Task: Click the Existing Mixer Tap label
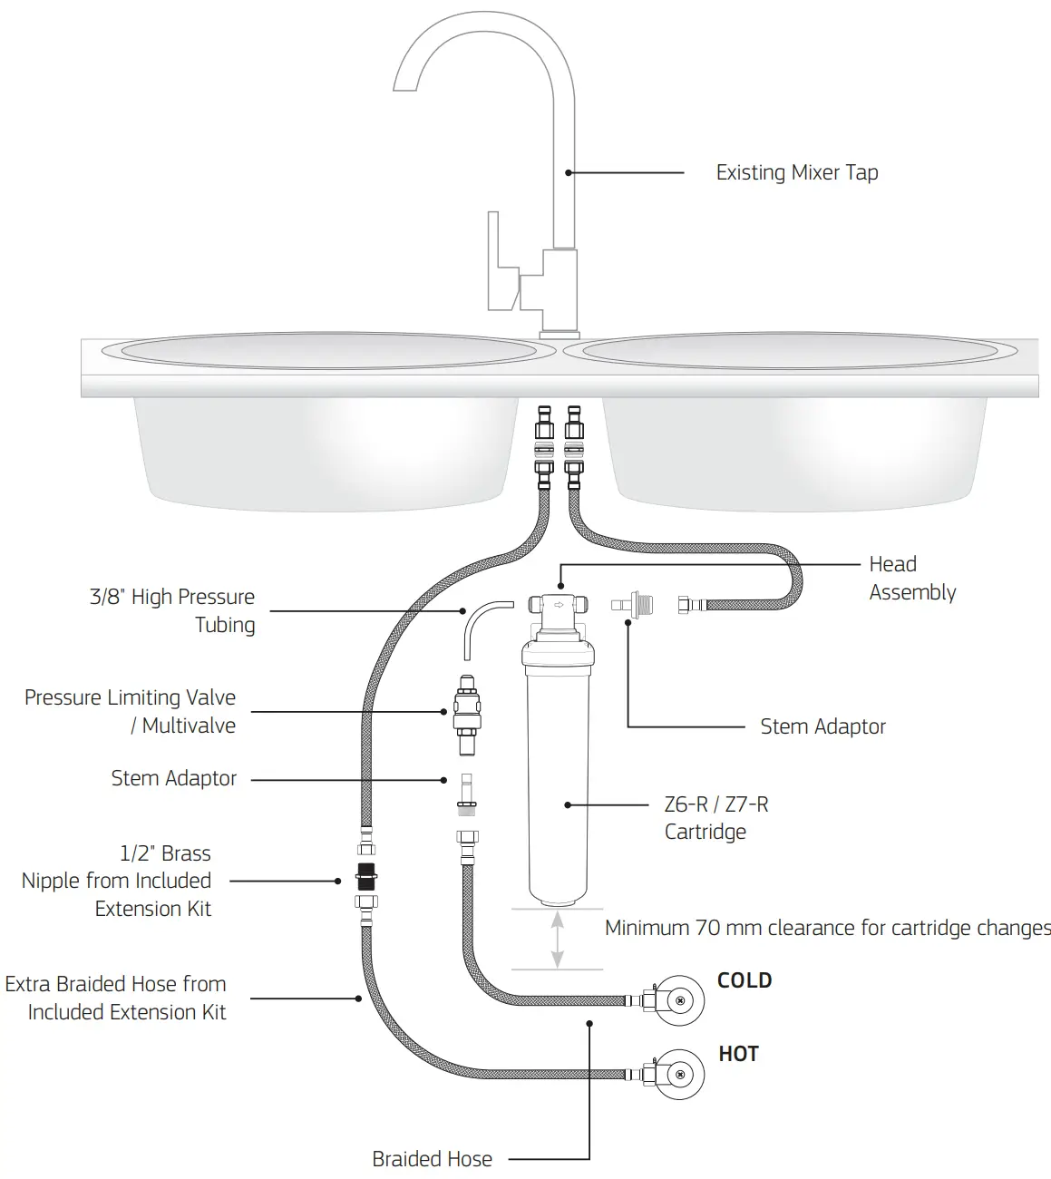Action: [x=796, y=172]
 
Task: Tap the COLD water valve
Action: [x=678, y=1000]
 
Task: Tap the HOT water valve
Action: [x=678, y=1074]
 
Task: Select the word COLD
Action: [x=744, y=980]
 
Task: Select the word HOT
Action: [x=738, y=1054]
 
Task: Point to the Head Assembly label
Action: [x=911, y=578]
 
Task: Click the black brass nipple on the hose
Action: [x=367, y=879]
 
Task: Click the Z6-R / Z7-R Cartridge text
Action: [x=715, y=817]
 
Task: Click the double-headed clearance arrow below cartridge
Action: [x=558, y=940]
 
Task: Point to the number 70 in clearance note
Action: [x=707, y=928]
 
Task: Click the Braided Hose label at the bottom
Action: [x=432, y=1158]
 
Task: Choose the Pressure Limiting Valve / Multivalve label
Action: [x=130, y=711]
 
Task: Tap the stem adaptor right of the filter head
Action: [x=631, y=604]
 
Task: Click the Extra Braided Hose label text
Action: [x=115, y=998]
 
